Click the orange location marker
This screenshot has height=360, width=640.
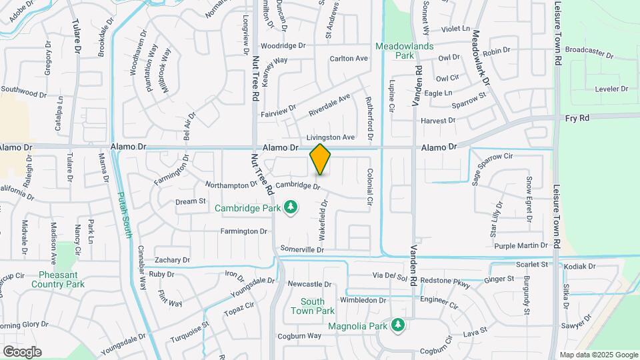click(x=320, y=159)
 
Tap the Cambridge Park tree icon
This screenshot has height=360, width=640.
click(x=291, y=208)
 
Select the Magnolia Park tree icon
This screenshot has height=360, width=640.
click(x=398, y=325)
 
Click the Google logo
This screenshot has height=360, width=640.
click(x=22, y=352)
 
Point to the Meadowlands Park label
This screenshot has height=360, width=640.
click(x=404, y=51)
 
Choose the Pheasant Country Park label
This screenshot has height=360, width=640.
click(x=58, y=279)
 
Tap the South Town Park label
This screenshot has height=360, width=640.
click(x=313, y=306)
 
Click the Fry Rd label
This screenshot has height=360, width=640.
click(x=578, y=117)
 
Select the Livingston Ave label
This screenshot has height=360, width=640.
click(x=330, y=137)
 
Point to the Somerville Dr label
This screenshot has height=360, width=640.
click(x=302, y=249)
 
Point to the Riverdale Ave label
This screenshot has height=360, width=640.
click(x=329, y=104)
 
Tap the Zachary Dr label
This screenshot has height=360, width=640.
click(x=172, y=260)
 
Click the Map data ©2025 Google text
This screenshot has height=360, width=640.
click(x=598, y=355)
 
